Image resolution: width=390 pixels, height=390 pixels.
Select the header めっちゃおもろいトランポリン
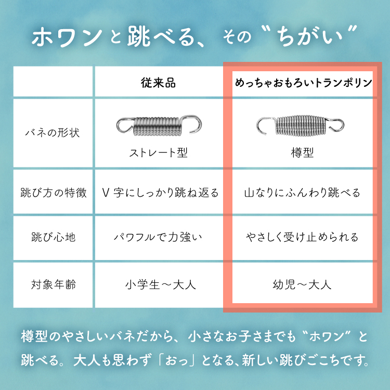[x=303, y=83]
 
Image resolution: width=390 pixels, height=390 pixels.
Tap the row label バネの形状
[x=53, y=133]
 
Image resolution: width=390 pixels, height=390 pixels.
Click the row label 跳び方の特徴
[x=53, y=193]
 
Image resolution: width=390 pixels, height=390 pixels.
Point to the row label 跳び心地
[x=53, y=238]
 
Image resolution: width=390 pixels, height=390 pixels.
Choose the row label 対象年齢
[x=53, y=285]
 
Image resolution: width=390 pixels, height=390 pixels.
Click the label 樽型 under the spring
[x=302, y=153]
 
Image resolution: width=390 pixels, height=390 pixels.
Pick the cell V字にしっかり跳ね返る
[x=160, y=193]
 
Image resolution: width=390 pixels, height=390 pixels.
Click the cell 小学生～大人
[x=160, y=285]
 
